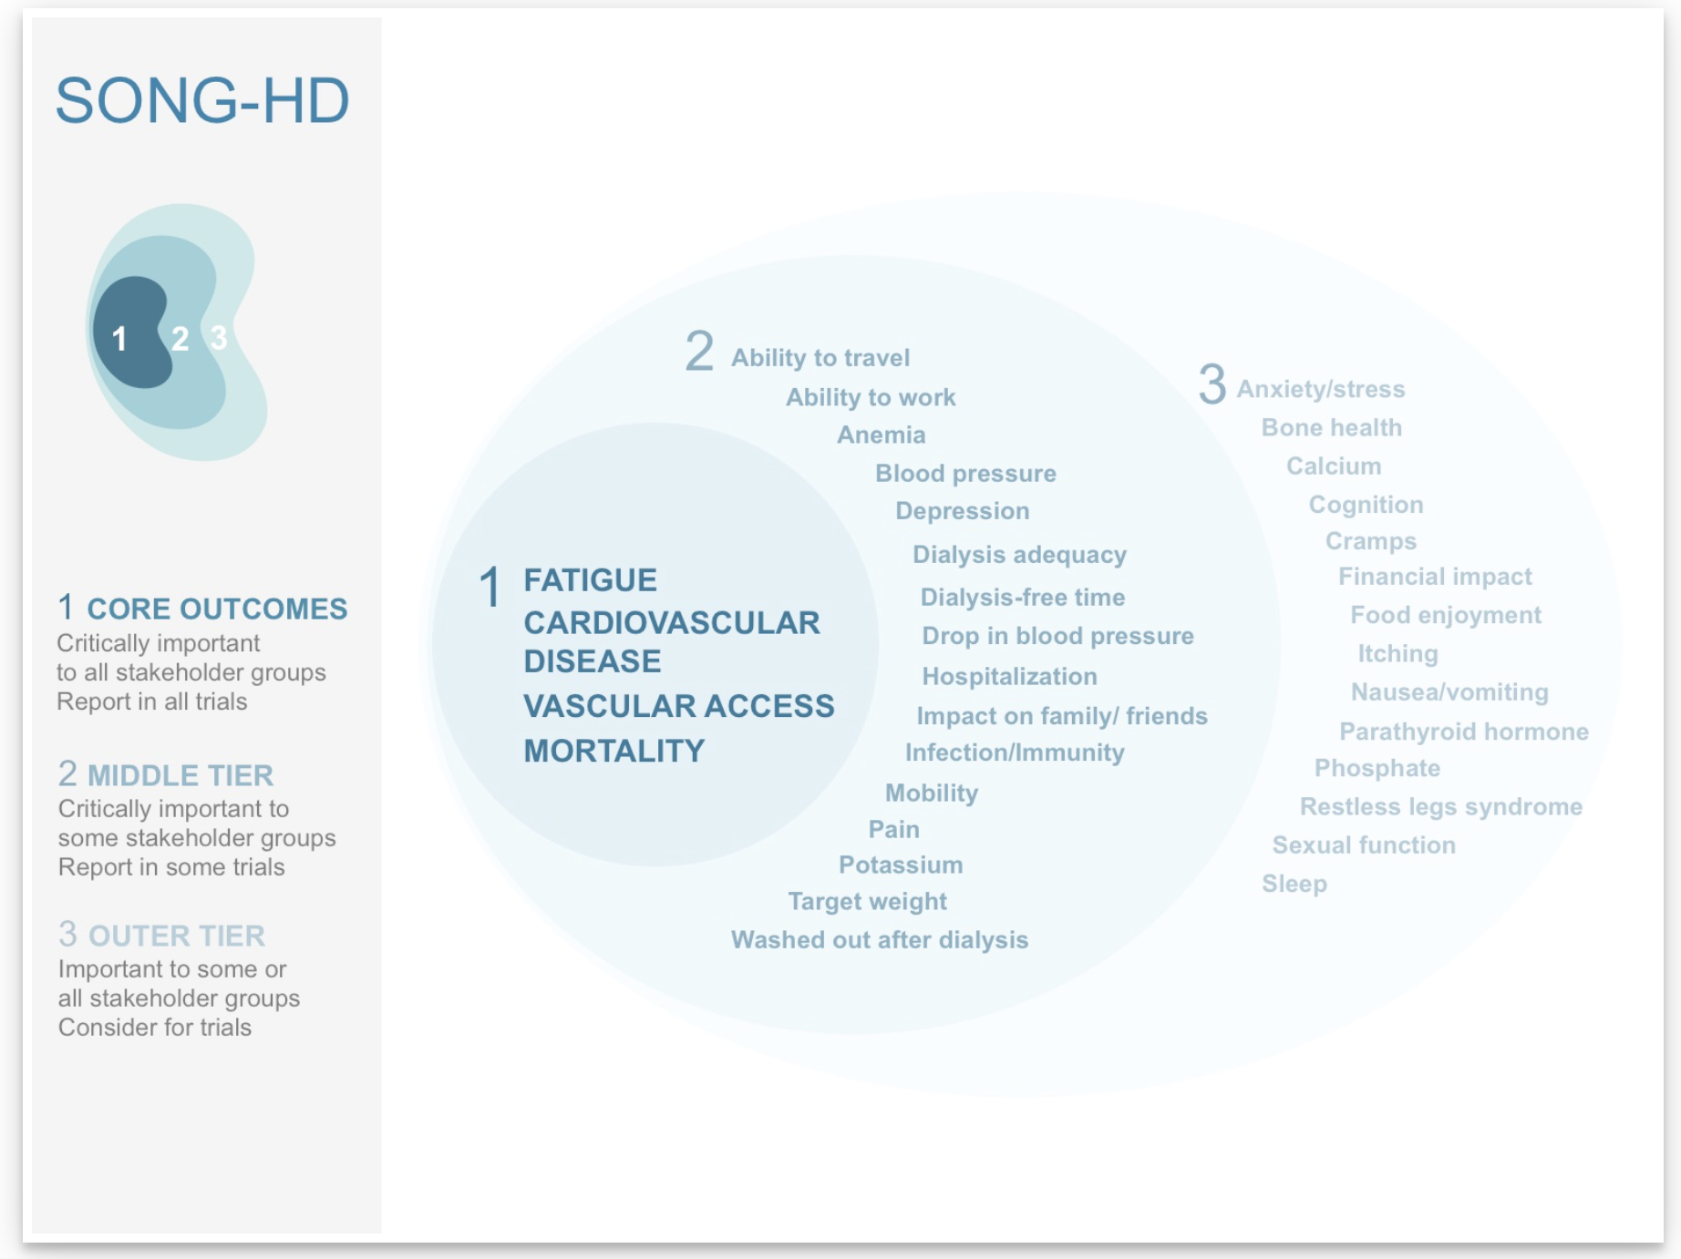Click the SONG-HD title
(202, 100)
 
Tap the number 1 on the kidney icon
(119, 339)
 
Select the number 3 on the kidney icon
(219, 338)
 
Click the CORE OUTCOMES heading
(217, 609)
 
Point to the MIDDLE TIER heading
(180, 775)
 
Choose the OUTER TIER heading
(176, 936)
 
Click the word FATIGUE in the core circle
(590, 580)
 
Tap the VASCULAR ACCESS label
(678, 706)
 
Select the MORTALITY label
(614, 751)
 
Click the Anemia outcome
(881, 435)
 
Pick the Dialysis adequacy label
(1019, 555)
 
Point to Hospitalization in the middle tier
(1009, 676)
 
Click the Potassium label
(900, 865)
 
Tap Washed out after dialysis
(879, 939)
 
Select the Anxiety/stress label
(1320, 389)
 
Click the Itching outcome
(1397, 653)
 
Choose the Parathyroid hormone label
(1463, 731)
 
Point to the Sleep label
(1294, 884)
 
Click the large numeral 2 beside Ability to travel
(699, 352)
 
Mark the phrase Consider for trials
(155, 1028)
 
